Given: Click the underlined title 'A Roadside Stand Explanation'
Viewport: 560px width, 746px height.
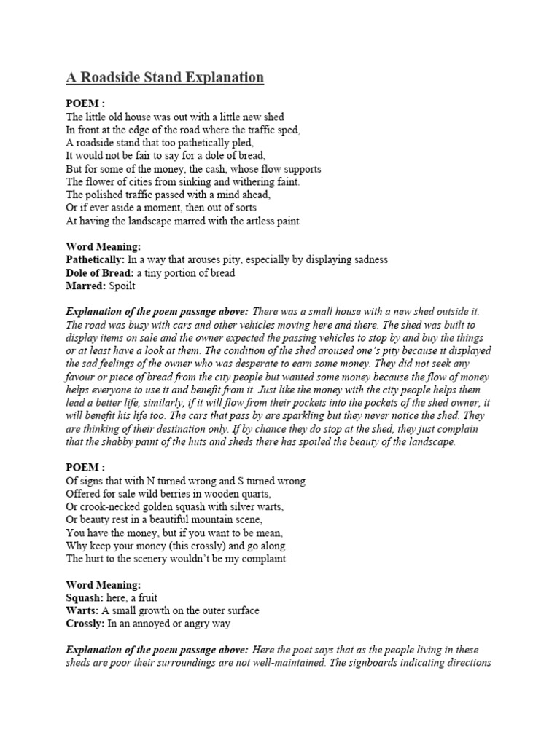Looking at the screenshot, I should pyautogui.click(x=165, y=77).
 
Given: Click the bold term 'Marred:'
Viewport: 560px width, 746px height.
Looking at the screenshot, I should pyautogui.click(x=85, y=286).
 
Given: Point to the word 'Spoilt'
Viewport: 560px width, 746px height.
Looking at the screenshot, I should pyautogui.click(x=122, y=286).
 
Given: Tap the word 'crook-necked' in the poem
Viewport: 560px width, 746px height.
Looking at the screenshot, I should pyautogui.click(x=107, y=506).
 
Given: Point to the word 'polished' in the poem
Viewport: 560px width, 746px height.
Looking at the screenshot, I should pyautogui.click(x=105, y=195).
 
